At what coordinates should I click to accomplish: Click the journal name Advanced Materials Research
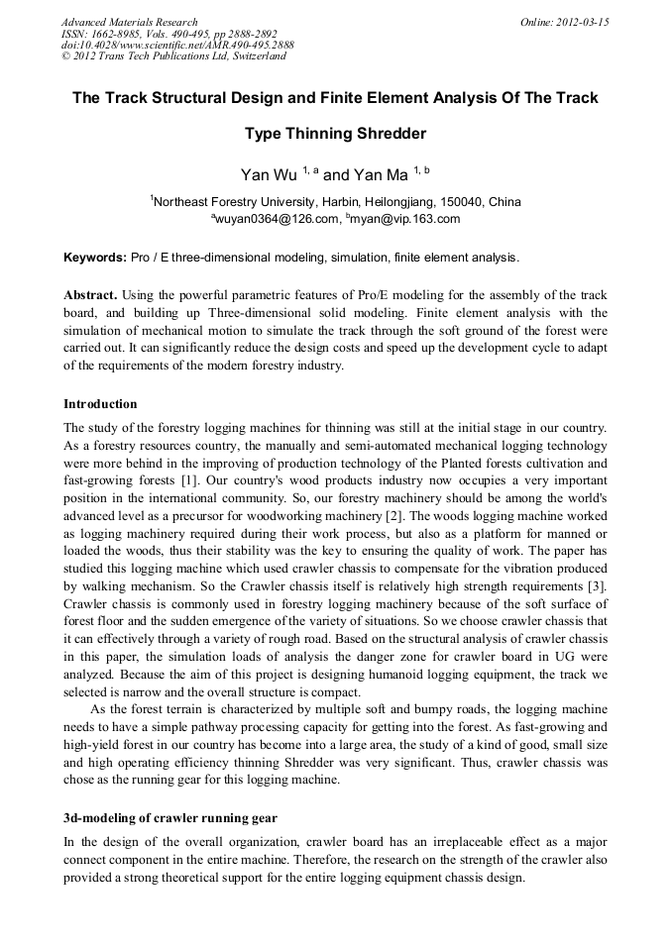[129, 22]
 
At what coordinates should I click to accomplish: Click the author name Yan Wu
[269, 175]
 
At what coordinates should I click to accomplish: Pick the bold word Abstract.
[92, 296]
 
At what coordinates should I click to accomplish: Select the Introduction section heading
[100, 404]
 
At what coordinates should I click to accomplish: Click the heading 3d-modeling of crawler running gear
[169, 816]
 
